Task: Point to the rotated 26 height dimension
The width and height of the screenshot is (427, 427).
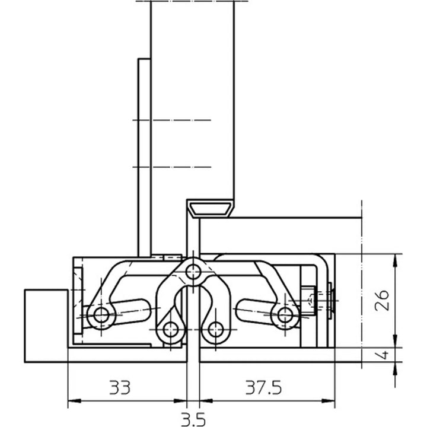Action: point(383,301)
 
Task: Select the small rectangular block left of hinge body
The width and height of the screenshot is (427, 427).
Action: point(45,326)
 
